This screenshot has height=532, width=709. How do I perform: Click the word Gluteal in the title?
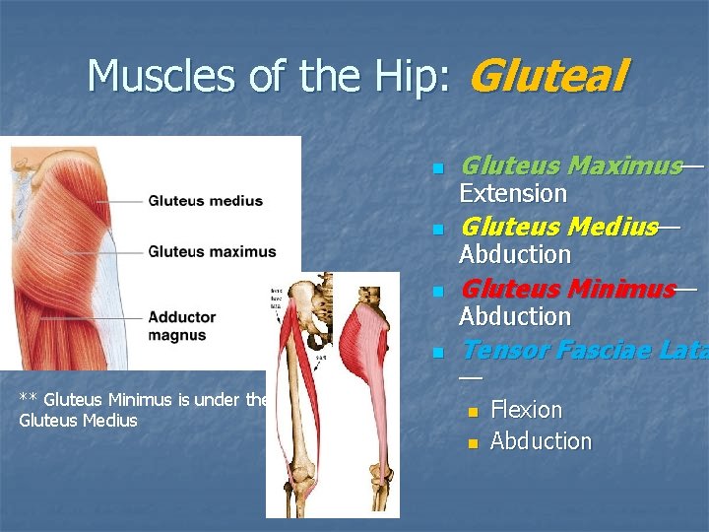click(549, 76)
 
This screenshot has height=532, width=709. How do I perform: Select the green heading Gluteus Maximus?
click(571, 166)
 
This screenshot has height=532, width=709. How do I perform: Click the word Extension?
click(513, 193)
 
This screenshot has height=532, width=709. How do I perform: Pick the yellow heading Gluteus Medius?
click(558, 228)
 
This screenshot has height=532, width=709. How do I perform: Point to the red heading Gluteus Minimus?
click(568, 290)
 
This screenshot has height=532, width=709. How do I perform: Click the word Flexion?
click(526, 409)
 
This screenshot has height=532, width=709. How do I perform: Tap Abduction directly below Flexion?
click(541, 440)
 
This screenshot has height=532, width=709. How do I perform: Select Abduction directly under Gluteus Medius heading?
click(515, 254)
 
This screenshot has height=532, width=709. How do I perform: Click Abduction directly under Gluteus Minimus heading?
click(515, 316)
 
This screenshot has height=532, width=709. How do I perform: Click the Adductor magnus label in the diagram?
click(182, 326)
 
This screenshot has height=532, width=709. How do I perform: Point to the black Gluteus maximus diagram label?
click(212, 251)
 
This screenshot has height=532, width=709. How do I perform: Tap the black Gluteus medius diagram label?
click(205, 201)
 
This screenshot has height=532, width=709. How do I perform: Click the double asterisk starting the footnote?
click(29, 400)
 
